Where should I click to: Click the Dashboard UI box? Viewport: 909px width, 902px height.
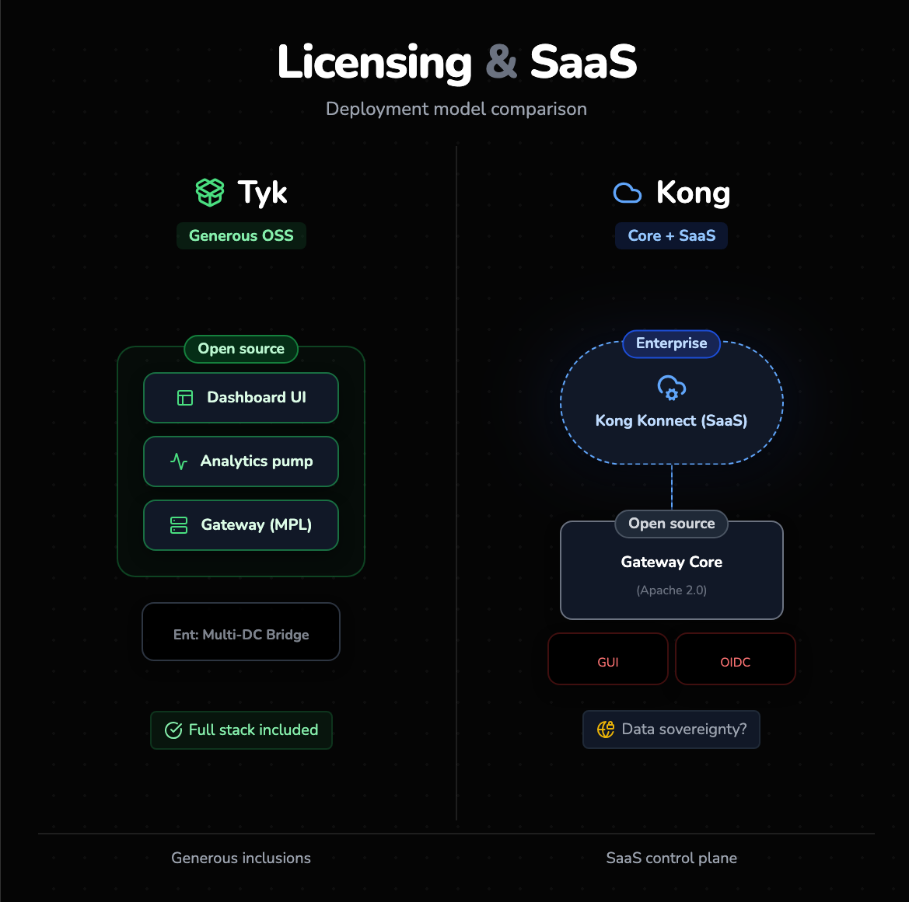[x=241, y=398]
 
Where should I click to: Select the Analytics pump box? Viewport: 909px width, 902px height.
[x=241, y=461]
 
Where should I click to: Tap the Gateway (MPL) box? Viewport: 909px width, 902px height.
[x=241, y=525]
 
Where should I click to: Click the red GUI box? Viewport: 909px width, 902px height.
[x=608, y=660]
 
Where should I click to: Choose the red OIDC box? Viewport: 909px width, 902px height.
[x=736, y=660]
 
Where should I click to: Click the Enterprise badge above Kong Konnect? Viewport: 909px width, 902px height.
[x=672, y=343]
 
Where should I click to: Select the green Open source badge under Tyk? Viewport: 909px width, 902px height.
[x=241, y=349]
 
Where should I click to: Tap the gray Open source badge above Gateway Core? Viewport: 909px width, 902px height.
[x=672, y=524]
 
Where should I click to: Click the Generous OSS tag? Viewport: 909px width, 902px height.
[x=241, y=236]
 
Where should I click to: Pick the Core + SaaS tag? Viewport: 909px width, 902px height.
[x=672, y=236]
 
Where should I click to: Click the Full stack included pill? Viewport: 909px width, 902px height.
[x=241, y=730]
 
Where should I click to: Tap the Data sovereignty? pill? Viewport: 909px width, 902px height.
[x=671, y=730]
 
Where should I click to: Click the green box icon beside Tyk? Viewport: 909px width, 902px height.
[x=210, y=192]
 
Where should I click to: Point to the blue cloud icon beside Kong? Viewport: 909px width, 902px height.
[x=628, y=193]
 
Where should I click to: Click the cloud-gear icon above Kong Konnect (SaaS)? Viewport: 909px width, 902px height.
[x=672, y=387]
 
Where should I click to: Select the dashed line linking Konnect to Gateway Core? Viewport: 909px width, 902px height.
[x=672, y=486]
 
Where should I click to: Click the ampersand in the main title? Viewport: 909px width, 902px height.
[x=502, y=62]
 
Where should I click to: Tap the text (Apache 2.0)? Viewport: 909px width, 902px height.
[x=672, y=590]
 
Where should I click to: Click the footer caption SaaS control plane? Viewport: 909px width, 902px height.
[x=672, y=858]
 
